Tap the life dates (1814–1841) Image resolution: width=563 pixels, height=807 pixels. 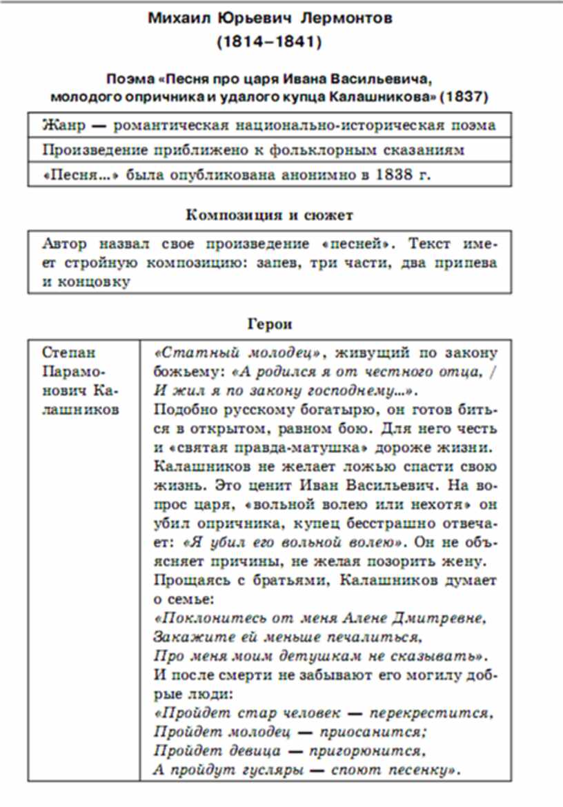coord(270,42)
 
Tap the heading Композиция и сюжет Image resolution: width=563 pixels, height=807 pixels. coord(269,215)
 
